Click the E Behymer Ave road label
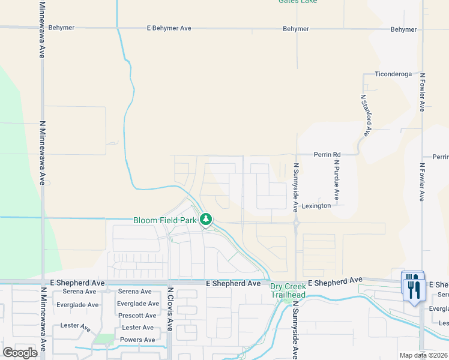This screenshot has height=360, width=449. [169, 28]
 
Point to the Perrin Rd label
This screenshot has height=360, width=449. [327, 154]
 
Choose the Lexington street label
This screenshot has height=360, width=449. [316, 206]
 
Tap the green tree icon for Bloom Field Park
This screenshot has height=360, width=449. [206, 220]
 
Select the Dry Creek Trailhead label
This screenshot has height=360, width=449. [288, 290]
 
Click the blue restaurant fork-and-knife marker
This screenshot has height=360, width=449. [414, 286]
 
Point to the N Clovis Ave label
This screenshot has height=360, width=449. [170, 309]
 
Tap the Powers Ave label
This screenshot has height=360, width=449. [137, 340]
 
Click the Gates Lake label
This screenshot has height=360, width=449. [298, 2]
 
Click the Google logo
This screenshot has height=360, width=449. [20, 353]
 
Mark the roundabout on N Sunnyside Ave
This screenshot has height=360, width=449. [297, 223]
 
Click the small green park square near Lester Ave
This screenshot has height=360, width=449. [104, 340]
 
